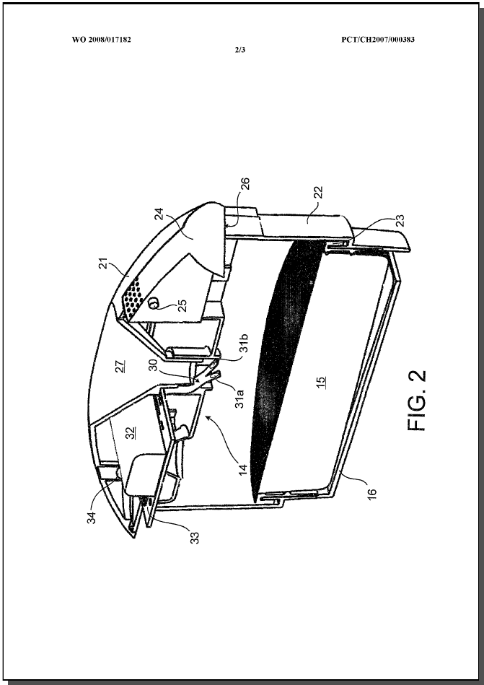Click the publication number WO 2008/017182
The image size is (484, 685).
[101, 40]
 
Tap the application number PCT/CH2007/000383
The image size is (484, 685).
[378, 40]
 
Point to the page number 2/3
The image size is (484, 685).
[240, 50]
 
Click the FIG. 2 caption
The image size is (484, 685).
[417, 401]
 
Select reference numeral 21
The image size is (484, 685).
[103, 263]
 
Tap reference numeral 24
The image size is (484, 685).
[159, 213]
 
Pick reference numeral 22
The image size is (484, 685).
[318, 192]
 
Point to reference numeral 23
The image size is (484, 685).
[400, 219]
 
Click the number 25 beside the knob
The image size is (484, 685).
[182, 305]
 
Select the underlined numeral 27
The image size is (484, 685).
[120, 366]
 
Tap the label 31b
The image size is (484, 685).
[244, 343]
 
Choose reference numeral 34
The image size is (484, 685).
[92, 518]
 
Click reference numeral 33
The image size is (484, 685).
[195, 538]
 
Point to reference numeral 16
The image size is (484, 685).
[371, 494]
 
